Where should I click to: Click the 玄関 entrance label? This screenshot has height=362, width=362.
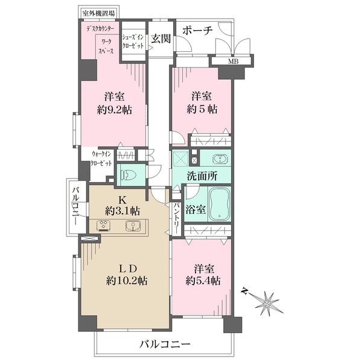(161, 39)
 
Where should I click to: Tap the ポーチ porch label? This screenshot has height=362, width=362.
(197, 30)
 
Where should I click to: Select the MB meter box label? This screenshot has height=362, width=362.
(233, 62)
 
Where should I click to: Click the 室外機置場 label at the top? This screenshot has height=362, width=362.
(98, 13)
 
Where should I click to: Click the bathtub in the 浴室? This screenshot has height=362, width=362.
(220, 204)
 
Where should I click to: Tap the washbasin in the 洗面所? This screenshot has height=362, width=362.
(220, 159)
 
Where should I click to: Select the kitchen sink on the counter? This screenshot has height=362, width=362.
(133, 226)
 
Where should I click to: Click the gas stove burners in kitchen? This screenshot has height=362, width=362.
(103, 226)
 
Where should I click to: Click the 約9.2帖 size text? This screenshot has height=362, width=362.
(115, 110)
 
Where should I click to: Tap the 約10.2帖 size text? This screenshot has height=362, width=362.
(127, 281)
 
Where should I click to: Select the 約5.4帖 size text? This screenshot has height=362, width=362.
(203, 281)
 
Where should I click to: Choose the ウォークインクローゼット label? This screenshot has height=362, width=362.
(101, 158)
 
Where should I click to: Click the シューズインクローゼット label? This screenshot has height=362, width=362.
(133, 41)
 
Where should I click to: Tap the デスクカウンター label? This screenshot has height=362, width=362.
(100, 29)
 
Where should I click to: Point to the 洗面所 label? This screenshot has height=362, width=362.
(202, 176)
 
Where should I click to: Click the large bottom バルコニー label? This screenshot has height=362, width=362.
(165, 345)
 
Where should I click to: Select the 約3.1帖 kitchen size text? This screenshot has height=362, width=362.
(122, 211)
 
